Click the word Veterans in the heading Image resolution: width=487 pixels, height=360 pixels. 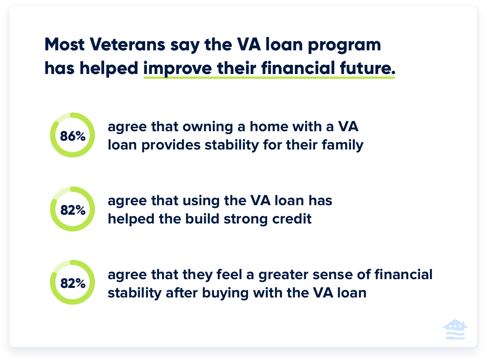(x=127, y=45)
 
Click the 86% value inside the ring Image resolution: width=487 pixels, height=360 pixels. (x=72, y=136)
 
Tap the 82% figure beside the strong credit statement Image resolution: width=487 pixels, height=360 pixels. (x=72, y=210)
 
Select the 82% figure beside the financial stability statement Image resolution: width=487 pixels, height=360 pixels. (x=72, y=283)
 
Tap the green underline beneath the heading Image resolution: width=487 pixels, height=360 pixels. (x=269, y=77)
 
